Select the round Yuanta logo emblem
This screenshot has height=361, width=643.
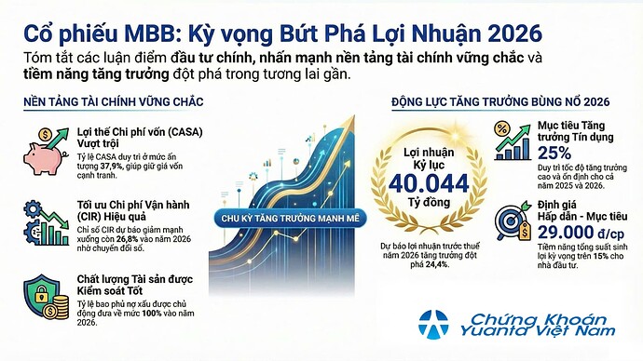[434, 323]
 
